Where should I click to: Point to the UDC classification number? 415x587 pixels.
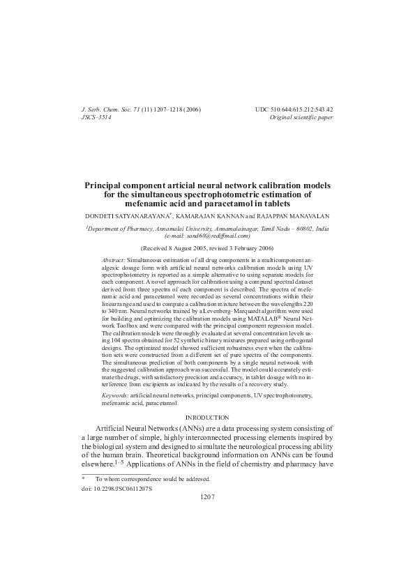tap(296, 110)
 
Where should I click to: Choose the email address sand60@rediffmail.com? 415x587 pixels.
tap(213, 235)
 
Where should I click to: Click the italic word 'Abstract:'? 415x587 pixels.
tap(114, 258)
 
